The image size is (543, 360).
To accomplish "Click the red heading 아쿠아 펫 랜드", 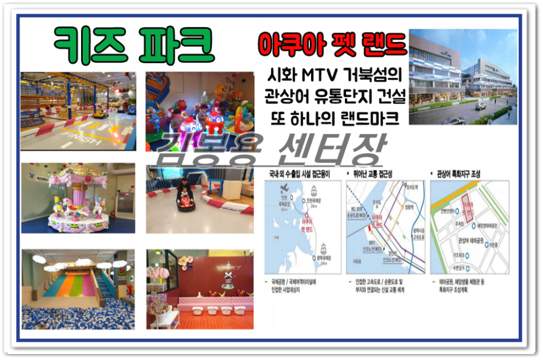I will (332, 46).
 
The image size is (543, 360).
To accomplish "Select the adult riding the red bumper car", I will (185, 190).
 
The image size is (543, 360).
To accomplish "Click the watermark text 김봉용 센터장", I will (272, 149).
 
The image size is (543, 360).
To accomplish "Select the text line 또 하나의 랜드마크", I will (332, 116).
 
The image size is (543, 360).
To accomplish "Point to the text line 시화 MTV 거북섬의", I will (333, 76).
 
